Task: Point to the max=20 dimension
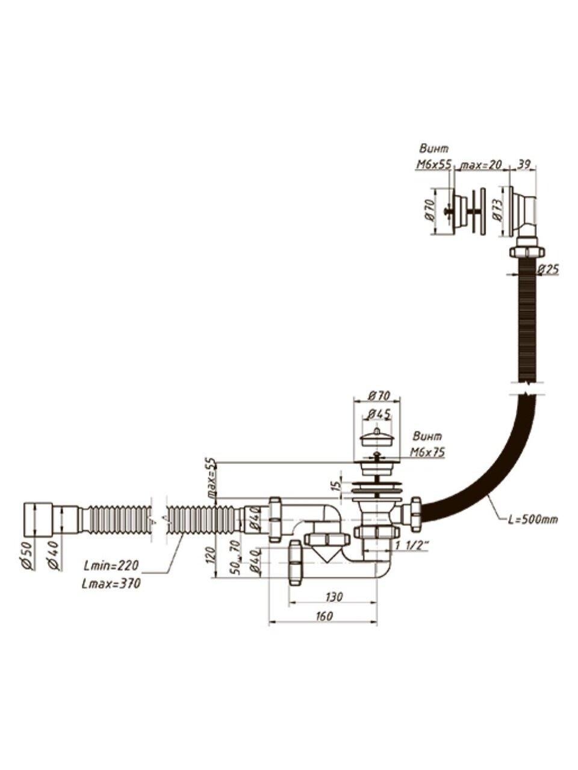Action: point(480,164)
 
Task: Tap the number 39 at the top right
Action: point(523,164)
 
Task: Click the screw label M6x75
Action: point(427,452)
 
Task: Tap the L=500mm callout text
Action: point(532,519)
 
